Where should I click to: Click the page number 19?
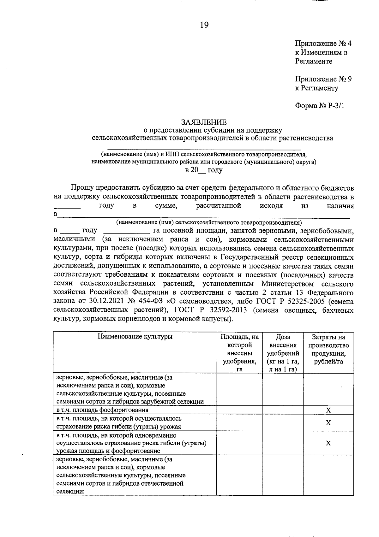tap(204, 25)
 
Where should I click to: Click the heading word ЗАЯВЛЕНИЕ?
tap(204, 122)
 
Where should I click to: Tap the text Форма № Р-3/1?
tap(319, 106)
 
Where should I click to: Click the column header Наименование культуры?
tap(135, 337)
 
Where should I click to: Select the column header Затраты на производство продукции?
tap(328, 349)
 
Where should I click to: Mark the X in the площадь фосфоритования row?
tap(328, 410)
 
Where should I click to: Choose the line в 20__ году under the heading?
tap(204, 170)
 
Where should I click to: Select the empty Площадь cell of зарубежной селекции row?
tap(239, 389)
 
